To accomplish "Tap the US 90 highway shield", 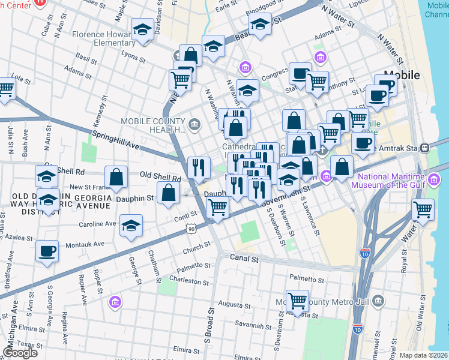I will pyautogui.click(x=191, y=229).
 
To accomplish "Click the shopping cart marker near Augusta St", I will pyautogui.click(x=297, y=301).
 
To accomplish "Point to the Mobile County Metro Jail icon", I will pyautogui.click(x=378, y=300).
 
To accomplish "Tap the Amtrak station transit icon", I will pyautogui.click(x=425, y=147).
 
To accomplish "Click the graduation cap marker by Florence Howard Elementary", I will pyautogui.click(x=142, y=29).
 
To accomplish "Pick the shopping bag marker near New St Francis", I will pyautogui.click(x=116, y=178).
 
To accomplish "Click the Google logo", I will pyautogui.click(x=20, y=353).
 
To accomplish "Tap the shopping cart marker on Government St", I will pyautogui.click(x=217, y=208).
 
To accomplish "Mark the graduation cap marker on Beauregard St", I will pyautogui.click(x=260, y=25).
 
